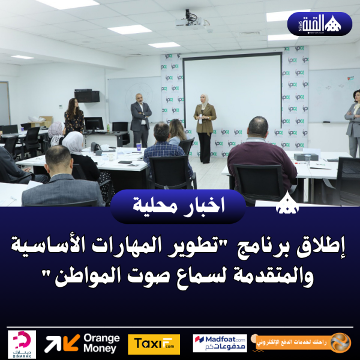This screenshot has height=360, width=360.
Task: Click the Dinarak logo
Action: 22,344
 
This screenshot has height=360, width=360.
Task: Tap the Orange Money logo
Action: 82,343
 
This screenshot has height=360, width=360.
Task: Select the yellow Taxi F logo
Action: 154,344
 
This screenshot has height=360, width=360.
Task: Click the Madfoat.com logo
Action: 220,343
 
